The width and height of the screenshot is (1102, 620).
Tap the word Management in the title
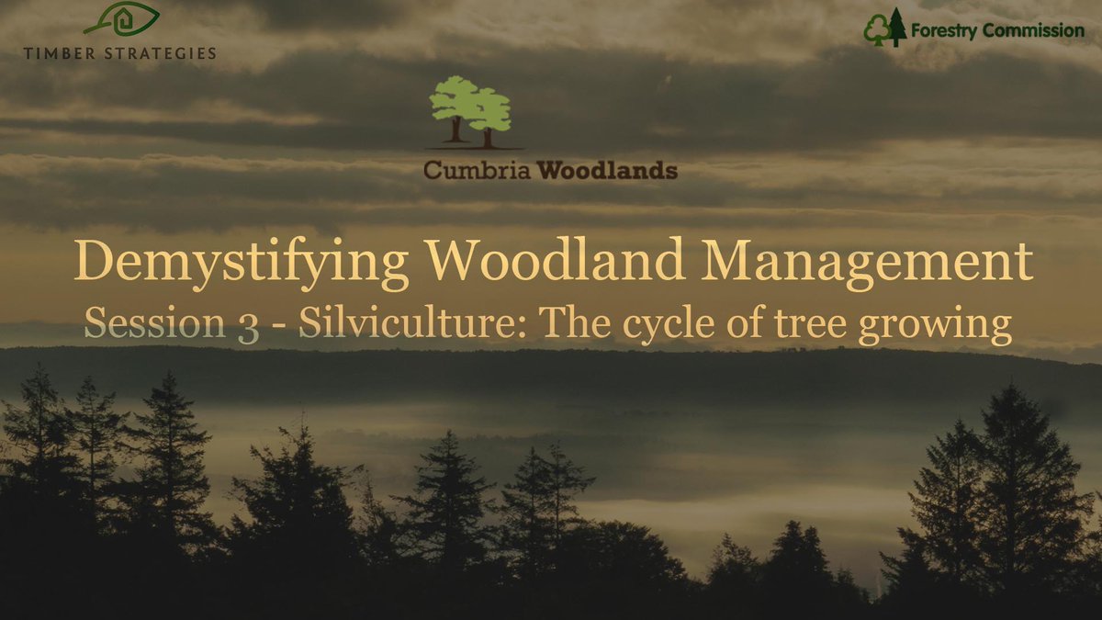point(865,264)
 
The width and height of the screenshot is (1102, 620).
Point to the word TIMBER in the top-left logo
point(62,52)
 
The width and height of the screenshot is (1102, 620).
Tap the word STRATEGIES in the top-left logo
point(160,52)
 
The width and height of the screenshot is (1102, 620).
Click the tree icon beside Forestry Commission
point(884,28)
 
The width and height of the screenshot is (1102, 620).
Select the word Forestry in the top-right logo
point(946,31)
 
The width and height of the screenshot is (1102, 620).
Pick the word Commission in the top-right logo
point(1034,30)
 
